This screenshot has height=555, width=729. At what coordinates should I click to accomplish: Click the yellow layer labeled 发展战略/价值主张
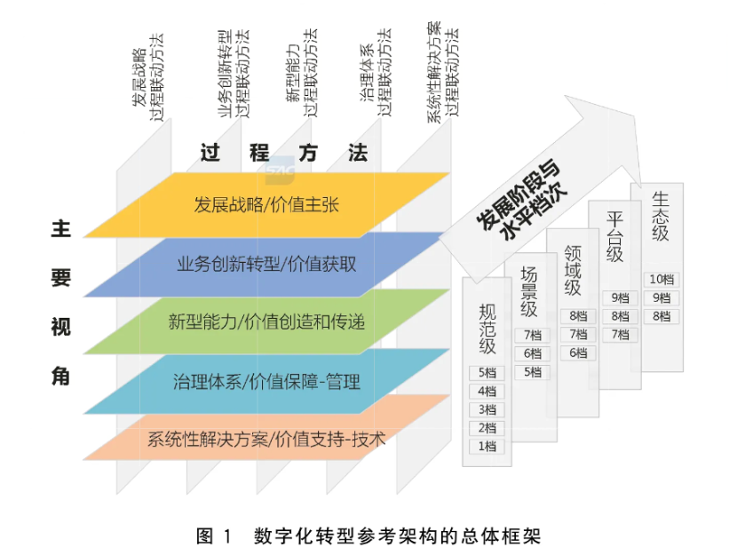(266, 205)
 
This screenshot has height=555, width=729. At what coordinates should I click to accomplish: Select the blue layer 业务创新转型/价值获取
(266, 264)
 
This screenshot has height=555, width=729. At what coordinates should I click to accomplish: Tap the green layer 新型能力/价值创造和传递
(266, 321)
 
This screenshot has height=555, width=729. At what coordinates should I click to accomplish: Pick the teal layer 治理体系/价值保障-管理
(266, 382)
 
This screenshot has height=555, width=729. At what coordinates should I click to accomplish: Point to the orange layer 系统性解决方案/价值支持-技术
(266, 438)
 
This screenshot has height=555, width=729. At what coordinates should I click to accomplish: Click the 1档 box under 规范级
(487, 446)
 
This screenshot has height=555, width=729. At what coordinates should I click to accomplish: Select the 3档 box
(487, 409)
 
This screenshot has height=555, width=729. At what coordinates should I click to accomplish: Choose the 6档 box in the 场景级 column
(531, 353)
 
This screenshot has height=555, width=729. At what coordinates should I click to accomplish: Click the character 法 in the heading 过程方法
(357, 152)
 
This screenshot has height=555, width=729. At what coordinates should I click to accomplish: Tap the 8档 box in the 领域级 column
(577, 316)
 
